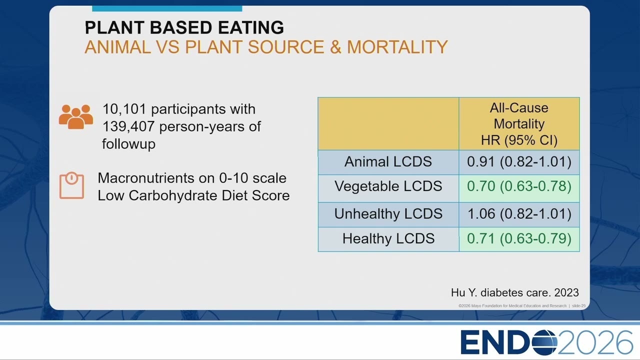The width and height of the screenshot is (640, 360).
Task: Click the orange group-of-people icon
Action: click(x=76, y=117)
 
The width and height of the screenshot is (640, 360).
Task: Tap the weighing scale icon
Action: click(x=71, y=185)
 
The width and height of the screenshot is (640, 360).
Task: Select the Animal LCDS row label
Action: click(x=388, y=161)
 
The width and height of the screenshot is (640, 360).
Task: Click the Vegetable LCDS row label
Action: click(x=388, y=186)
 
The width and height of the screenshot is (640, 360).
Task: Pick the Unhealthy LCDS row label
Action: click(x=388, y=214)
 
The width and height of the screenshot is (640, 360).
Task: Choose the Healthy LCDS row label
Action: click(x=388, y=238)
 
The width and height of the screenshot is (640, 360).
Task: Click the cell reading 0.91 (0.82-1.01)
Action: click(x=519, y=161)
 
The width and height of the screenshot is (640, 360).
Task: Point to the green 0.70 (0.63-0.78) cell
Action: click(x=519, y=186)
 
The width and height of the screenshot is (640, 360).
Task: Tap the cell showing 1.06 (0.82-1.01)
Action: click(x=519, y=214)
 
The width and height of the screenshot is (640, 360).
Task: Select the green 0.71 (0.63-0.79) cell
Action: click(x=519, y=238)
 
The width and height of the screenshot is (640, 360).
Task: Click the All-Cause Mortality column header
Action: click(x=519, y=124)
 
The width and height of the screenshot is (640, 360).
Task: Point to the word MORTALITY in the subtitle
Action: click(x=397, y=47)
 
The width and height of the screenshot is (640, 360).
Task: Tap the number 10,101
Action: click(x=124, y=109)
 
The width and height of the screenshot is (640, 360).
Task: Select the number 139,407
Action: click(x=128, y=126)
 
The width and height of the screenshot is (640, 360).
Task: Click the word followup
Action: click(x=128, y=144)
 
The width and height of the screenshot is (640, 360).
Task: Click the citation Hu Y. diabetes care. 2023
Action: click(x=515, y=292)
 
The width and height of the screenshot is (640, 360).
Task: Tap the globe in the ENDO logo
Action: click(x=544, y=342)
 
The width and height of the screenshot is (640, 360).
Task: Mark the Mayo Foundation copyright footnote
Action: click(x=521, y=305)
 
